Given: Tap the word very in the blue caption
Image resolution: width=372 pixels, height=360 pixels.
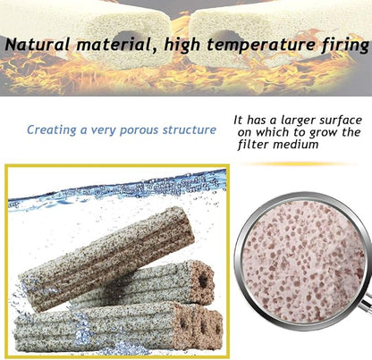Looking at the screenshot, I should pos(109,130).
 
